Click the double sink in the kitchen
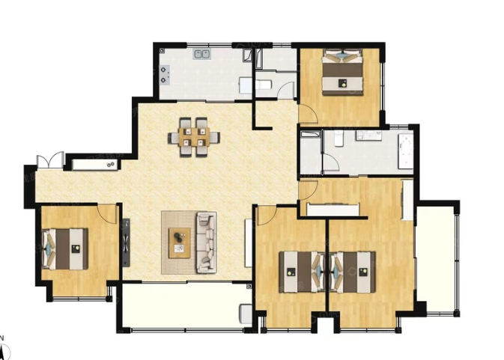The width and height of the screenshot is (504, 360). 202,54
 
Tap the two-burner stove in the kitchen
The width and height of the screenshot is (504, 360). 164,75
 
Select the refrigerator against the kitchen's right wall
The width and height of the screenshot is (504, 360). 245,85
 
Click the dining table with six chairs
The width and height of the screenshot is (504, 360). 194,137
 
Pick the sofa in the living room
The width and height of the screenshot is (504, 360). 207,242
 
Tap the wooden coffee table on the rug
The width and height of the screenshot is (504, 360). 180,242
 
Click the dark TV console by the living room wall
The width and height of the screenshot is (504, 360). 126,242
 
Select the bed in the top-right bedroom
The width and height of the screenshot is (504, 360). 343,72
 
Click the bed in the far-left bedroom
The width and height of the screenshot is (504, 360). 65,249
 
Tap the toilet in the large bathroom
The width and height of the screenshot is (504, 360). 338,138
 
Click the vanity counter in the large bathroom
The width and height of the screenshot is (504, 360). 368,135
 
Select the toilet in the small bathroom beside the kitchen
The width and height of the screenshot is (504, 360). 264,85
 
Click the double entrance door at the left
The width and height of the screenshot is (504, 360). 50,160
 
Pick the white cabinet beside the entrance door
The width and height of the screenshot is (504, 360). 95,165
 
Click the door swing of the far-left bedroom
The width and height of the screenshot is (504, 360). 106,214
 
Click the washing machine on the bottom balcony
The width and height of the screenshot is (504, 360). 246,314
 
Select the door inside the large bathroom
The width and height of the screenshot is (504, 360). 331,162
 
